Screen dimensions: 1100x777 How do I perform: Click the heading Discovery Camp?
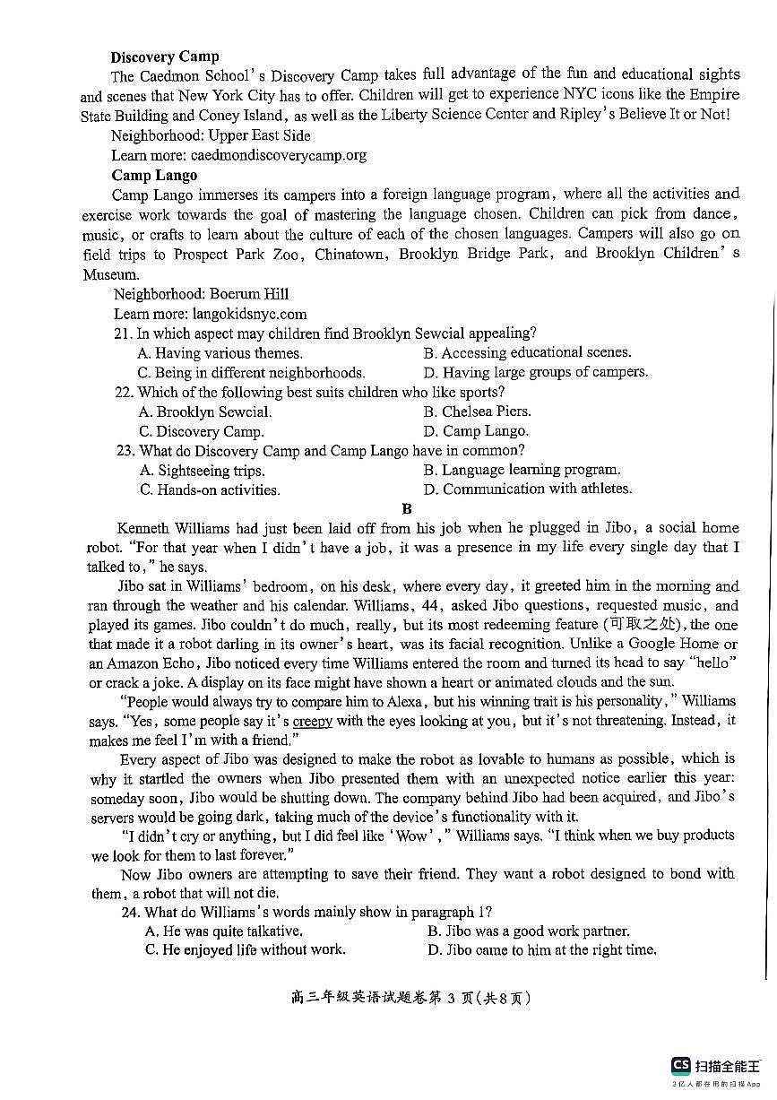coord(165,56)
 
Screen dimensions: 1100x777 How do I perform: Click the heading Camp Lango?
coord(154,175)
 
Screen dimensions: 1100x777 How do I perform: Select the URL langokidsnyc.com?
coord(249,314)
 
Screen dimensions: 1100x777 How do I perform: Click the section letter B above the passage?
coord(407,509)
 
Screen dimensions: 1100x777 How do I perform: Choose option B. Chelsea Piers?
coord(478,411)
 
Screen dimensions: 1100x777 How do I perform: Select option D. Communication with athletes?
coord(528,489)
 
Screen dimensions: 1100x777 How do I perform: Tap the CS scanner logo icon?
coord(681,1065)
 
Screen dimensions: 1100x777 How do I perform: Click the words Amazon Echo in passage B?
coord(153,663)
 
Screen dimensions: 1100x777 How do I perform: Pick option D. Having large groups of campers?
coord(535,372)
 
